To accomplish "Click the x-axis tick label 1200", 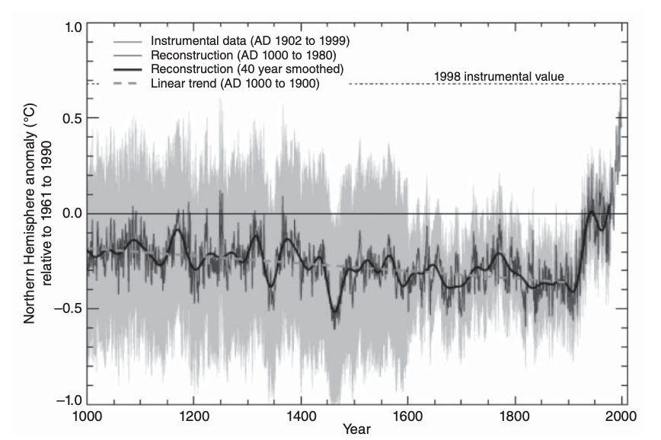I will click(x=193, y=418).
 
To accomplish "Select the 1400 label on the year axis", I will click(x=301, y=418).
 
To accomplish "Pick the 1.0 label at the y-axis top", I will click(x=72, y=27).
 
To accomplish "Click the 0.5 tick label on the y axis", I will click(x=72, y=118).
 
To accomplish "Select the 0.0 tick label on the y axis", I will click(x=72, y=213).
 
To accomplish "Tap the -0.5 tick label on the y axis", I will click(x=70, y=308).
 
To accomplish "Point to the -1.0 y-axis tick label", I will click(x=70, y=403).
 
